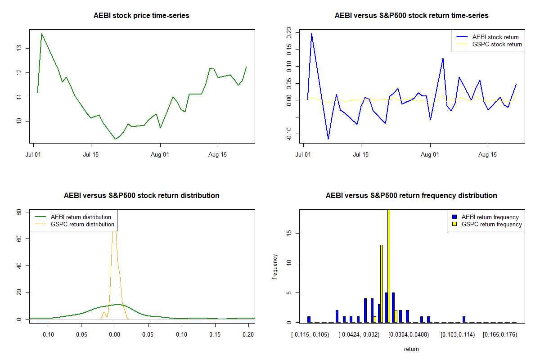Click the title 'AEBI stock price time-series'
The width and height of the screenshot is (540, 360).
click(141, 16)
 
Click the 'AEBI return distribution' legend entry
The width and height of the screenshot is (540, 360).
click(81, 217)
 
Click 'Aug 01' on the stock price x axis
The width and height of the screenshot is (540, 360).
click(160, 154)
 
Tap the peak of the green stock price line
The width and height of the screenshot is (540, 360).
click(41, 33)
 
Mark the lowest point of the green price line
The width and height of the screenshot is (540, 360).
click(116, 139)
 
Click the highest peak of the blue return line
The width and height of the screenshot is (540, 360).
click(311, 34)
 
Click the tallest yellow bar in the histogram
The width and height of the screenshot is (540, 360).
click(388, 265)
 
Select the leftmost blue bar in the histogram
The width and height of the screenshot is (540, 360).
click(309, 319)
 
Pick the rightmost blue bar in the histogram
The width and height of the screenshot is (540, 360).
click(464, 319)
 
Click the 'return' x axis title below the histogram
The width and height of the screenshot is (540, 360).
click(411, 349)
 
